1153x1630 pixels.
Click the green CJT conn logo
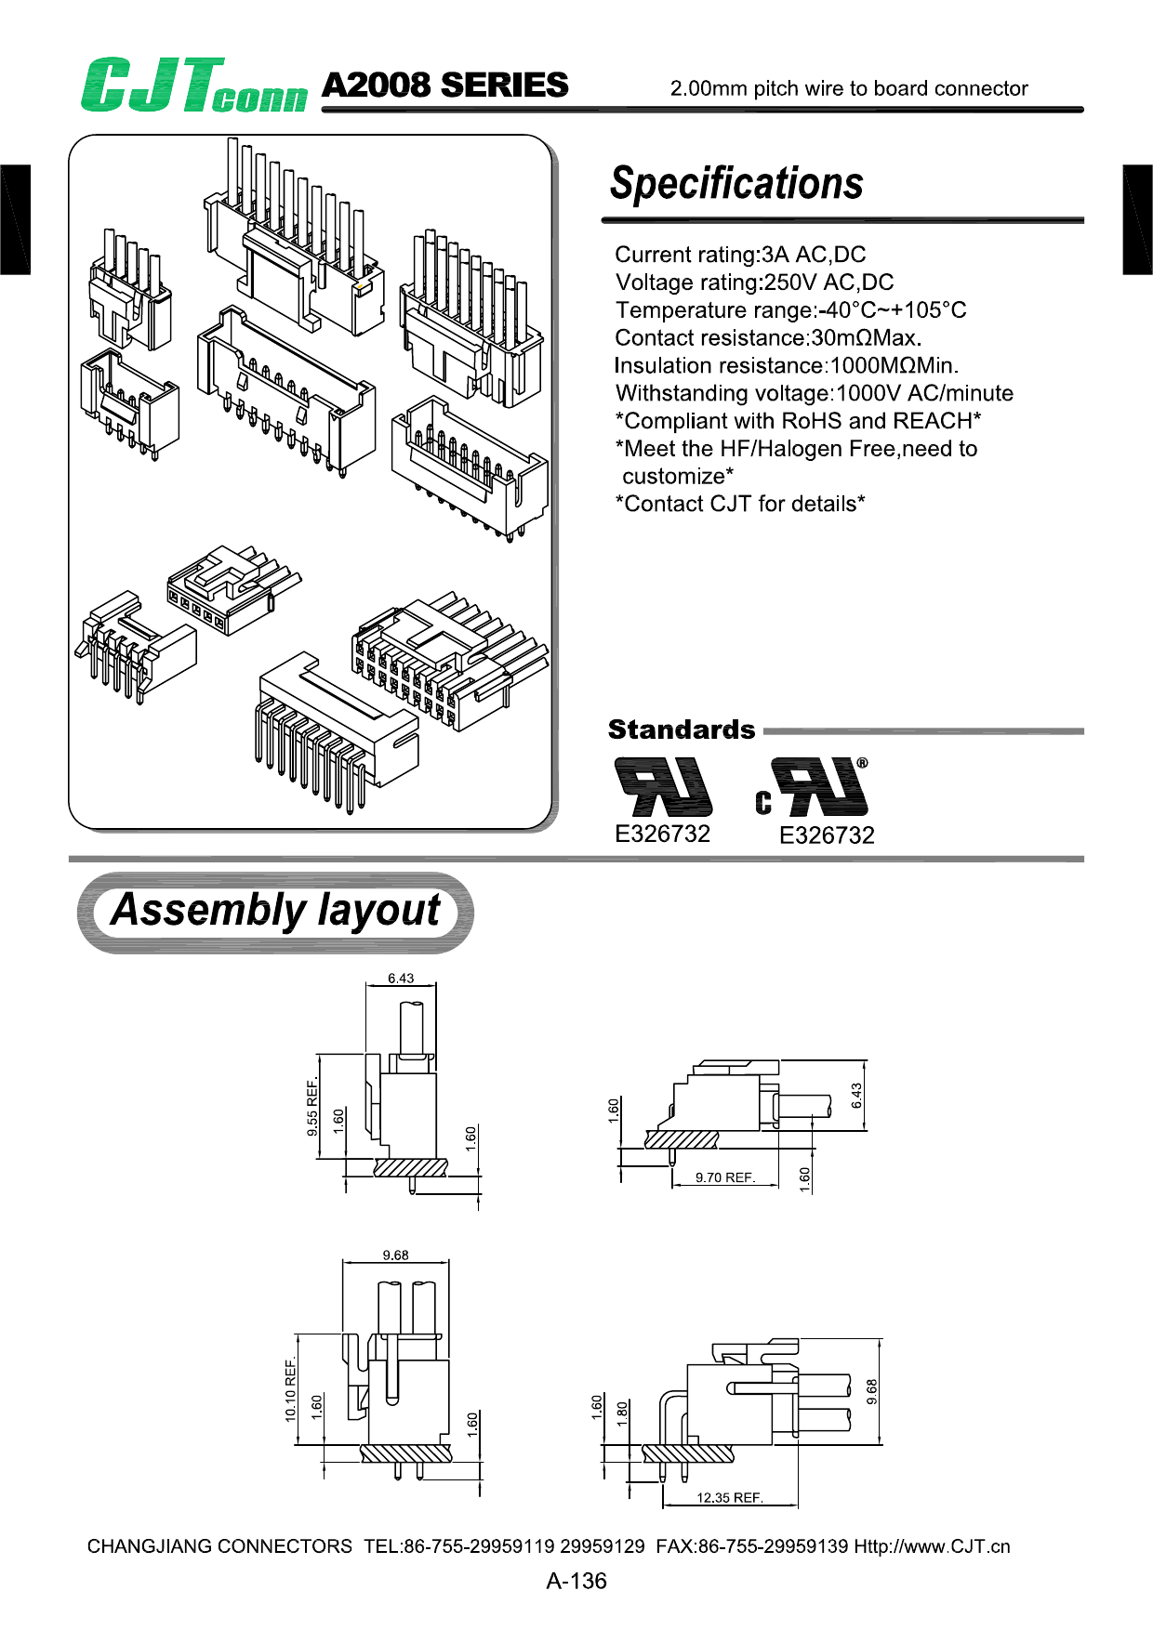coord(193,85)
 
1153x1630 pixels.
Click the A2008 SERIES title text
coord(444,85)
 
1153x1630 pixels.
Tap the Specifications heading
coord(736,183)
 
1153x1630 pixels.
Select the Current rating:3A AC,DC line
coord(740,255)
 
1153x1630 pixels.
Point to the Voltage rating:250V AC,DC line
coord(754,283)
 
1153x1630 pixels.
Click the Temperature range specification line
coord(790,310)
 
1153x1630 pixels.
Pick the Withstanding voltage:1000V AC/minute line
coord(814,393)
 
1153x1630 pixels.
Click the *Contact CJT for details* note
coord(740,504)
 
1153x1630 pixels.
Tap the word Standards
coord(682,730)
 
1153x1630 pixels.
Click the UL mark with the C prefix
coord(813,787)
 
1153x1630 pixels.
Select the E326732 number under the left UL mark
coord(662,834)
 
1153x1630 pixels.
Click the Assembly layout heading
coord(275,911)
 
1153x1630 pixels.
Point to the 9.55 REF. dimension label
coord(312,1107)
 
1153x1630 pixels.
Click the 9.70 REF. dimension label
coord(724,1177)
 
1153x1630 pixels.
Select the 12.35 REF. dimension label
coord(729,1497)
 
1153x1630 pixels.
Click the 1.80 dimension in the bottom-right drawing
coord(622,1413)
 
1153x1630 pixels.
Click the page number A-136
coord(576,1581)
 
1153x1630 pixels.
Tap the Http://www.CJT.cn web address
coord(932,1546)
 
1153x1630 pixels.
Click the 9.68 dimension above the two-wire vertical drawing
coord(395,1255)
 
